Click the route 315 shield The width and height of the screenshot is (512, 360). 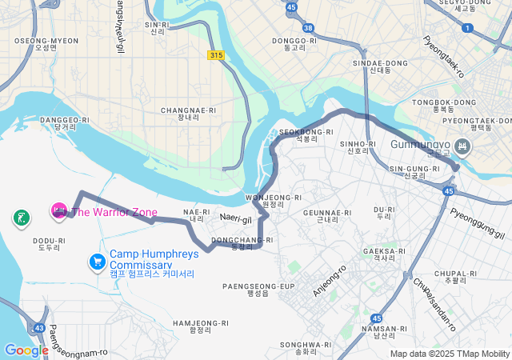[x=215, y=55]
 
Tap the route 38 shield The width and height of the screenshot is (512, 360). [x=309, y=27]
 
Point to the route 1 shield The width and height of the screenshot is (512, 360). [x=467, y=28]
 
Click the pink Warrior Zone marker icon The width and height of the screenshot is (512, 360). [x=58, y=211]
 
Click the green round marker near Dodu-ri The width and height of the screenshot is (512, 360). [x=21, y=217]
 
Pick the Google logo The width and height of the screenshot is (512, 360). [x=26, y=350]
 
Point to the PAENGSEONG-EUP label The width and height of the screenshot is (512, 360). [x=259, y=286]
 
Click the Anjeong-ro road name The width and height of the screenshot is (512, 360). [x=329, y=282]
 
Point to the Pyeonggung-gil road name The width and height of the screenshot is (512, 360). [x=478, y=222]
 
